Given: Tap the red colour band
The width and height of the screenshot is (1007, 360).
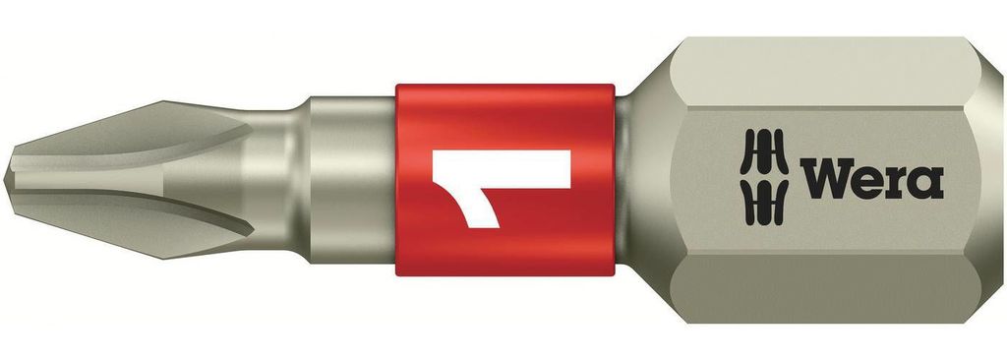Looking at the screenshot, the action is (504, 180).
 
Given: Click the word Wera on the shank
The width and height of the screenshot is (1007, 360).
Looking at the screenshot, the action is (871, 178).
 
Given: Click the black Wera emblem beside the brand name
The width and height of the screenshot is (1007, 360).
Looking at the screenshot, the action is (763, 177).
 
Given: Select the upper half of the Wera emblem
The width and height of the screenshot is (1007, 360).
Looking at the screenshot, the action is (763, 151).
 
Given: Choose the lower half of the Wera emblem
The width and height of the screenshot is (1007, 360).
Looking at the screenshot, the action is (763, 203).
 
